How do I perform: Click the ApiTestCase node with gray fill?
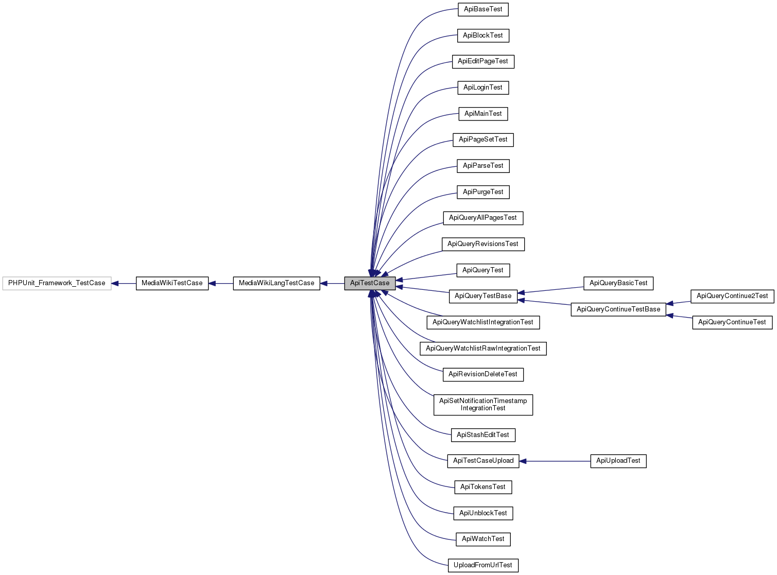(x=370, y=283)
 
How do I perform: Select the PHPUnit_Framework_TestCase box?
(x=57, y=283)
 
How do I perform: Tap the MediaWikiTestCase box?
(x=172, y=283)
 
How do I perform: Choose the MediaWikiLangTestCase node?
(x=277, y=283)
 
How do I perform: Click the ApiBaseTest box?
(x=483, y=9)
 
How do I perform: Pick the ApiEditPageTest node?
(x=483, y=61)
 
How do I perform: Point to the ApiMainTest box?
(x=483, y=114)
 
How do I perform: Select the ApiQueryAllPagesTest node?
(x=483, y=218)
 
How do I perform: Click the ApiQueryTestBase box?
(x=483, y=296)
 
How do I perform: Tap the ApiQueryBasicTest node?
(x=618, y=283)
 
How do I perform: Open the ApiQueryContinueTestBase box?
(x=618, y=309)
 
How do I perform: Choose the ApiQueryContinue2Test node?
(x=732, y=296)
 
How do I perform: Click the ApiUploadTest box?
(x=618, y=461)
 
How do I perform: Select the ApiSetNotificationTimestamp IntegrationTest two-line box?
(x=483, y=405)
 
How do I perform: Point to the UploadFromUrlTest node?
(x=483, y=565)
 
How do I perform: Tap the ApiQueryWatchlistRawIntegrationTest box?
(x=483, y=349)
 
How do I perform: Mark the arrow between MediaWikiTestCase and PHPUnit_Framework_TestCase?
(x=124, y=283)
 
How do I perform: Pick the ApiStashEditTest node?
(x=483, y=435)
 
